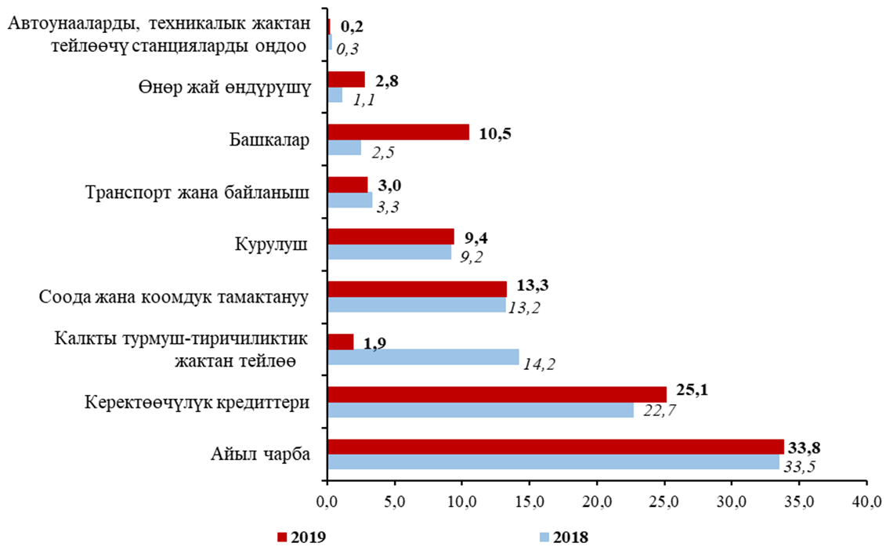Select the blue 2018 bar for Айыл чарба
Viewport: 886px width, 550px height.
point(553,463)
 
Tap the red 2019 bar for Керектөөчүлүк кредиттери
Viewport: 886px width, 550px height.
point(496,393)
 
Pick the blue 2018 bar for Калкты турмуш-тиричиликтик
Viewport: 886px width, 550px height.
point(423,357)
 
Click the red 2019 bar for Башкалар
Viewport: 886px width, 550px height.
point(398,132)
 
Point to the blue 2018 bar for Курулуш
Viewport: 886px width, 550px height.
point(389,252)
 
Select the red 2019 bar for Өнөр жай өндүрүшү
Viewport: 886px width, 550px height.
point(345,79)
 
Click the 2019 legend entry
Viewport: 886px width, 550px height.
point(302,537)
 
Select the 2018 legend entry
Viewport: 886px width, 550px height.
point(563,537)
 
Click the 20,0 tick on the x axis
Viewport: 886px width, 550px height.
point(597,499)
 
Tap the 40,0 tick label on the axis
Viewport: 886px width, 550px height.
point(867,499)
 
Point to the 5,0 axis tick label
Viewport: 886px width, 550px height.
point(395,499)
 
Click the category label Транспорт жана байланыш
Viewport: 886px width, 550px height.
point(197,192)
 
